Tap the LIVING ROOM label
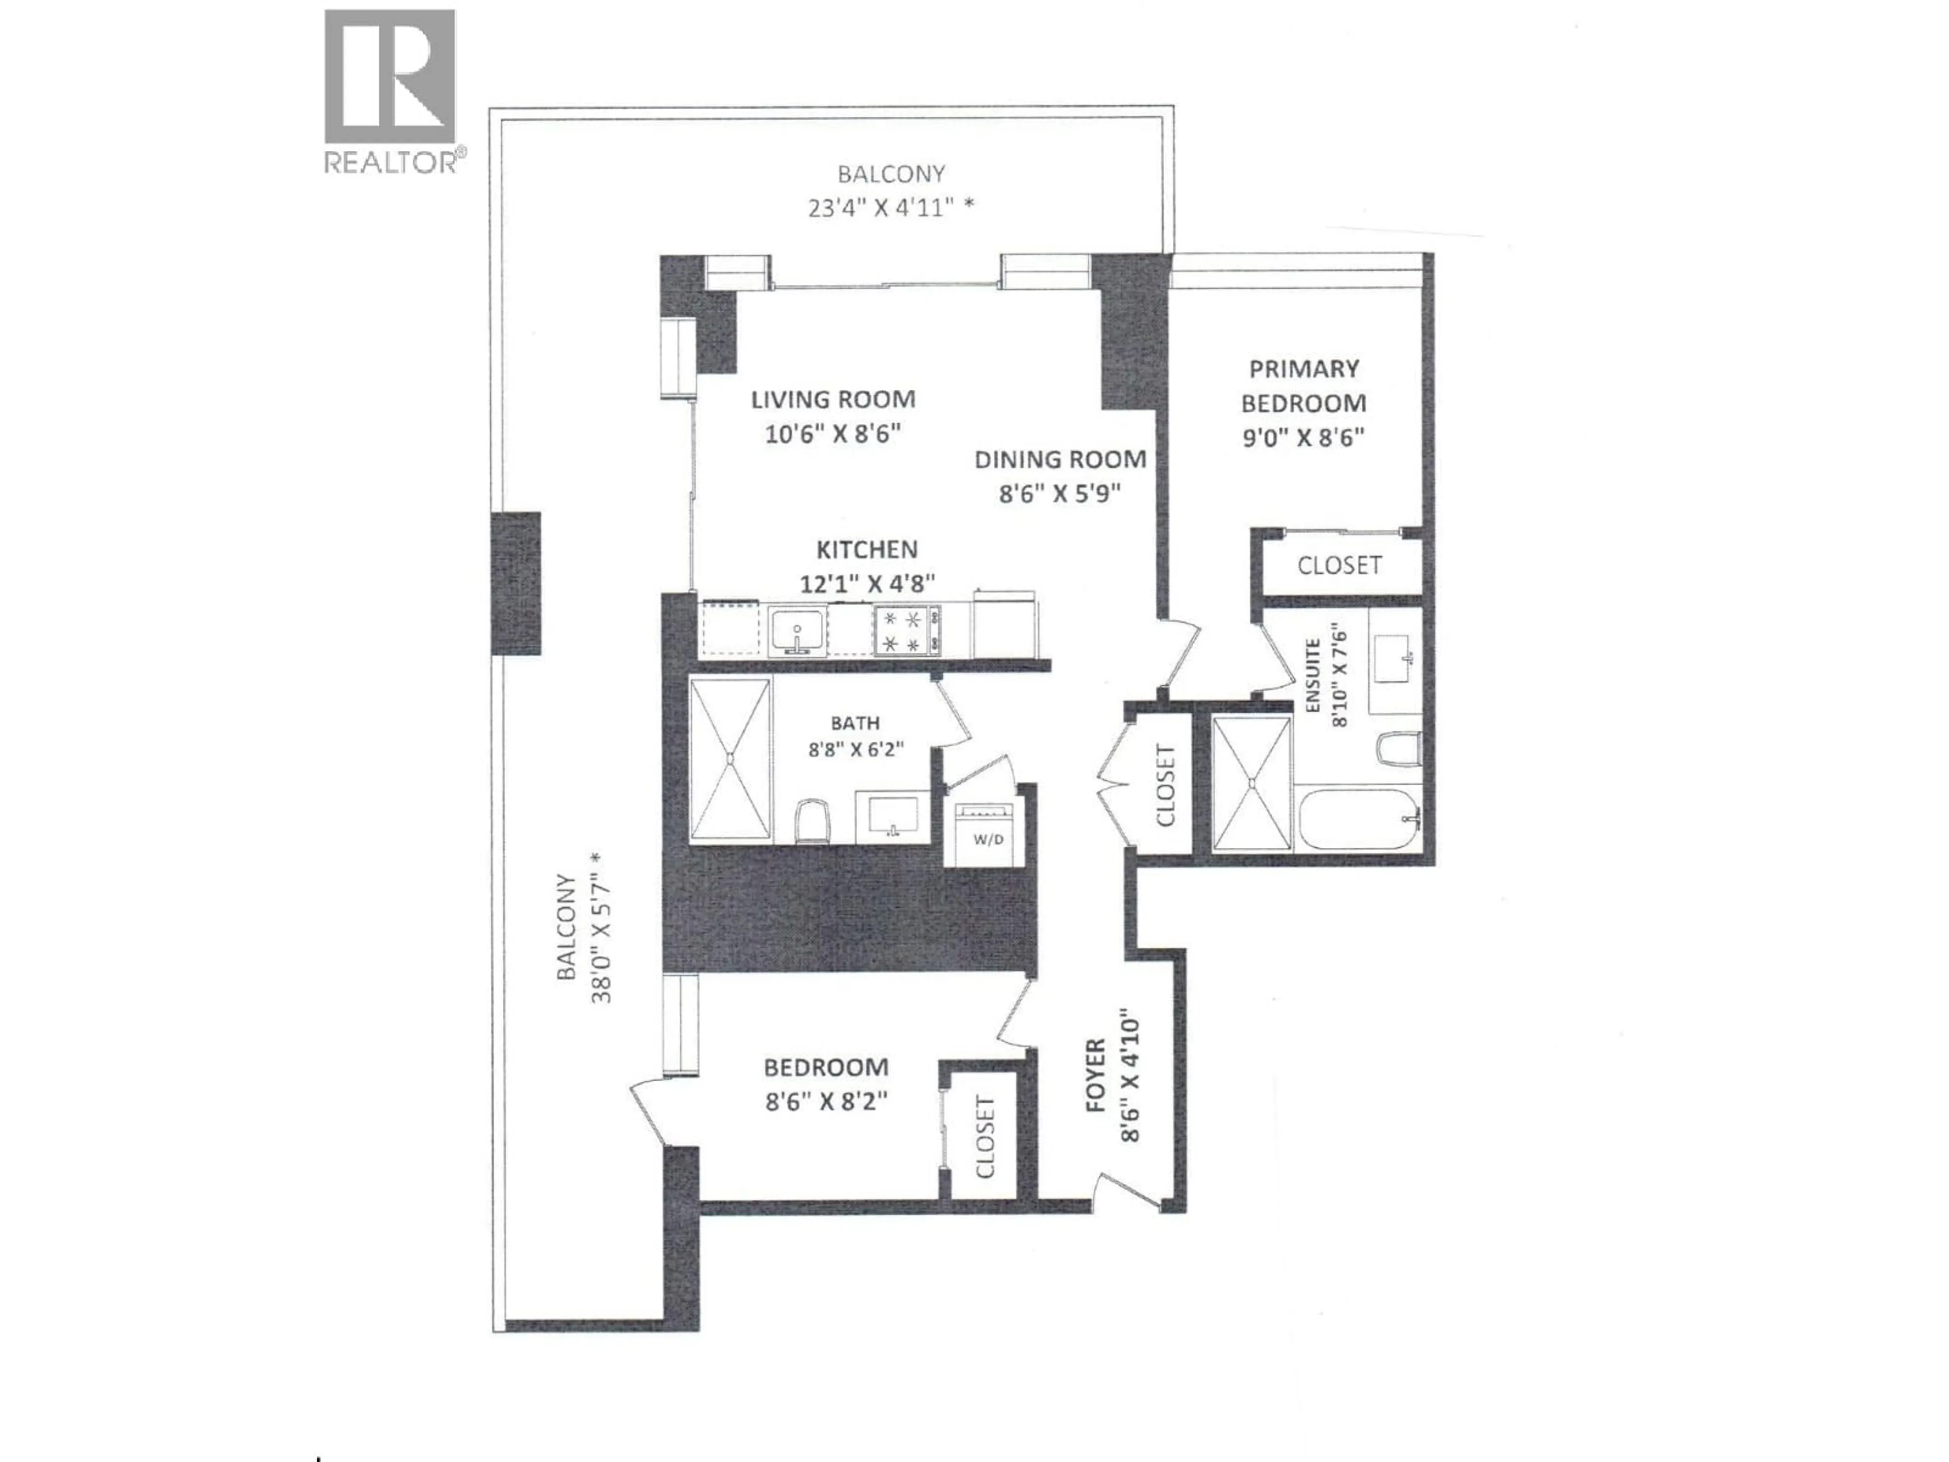point(833,399)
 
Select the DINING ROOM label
point(1060,459)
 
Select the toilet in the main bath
point(813,820)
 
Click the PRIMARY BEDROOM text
point(1303,386)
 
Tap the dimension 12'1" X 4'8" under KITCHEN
point(867,583)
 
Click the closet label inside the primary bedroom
point(1338,565)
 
